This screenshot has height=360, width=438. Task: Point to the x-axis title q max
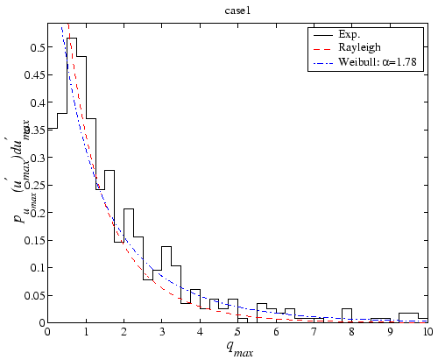(x=239, y=347)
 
